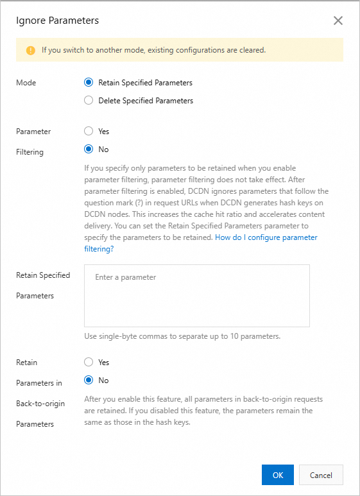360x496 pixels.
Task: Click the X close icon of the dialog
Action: (x=338, y=21)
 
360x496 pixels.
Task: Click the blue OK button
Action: (x=278, y=475)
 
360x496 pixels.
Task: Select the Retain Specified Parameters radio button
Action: (x=89, y=83)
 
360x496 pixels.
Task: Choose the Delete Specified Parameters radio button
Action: (x=89, y=101)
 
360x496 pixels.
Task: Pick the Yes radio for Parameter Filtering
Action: (x=89, y=132)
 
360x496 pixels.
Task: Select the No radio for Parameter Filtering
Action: (x=89, y=150)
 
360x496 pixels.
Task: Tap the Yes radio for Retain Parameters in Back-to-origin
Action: (x=89, y=363)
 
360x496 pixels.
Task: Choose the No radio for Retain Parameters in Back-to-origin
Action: (x=89, y=381)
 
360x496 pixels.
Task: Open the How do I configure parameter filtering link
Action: (x=266, y=237)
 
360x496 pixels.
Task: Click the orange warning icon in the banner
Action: (x=30, y=50)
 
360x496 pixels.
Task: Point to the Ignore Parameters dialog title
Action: (x=57, y=21)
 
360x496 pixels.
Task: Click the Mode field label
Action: (x=26, y=83)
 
